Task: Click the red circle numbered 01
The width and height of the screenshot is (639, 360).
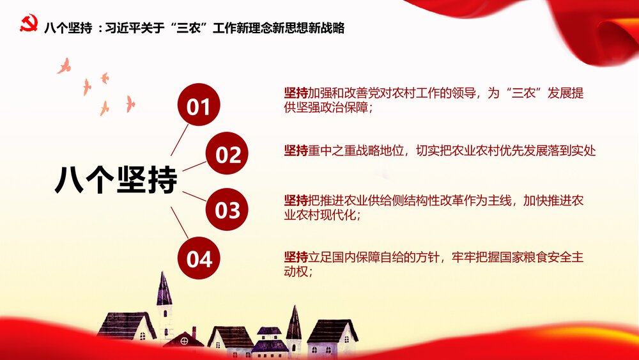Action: click(x=198, y=106)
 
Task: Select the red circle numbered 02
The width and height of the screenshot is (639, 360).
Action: click(x=228, y=154)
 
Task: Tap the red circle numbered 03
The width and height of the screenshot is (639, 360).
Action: click(x=227, y=209)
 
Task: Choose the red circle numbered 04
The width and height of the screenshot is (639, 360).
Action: click(x=199, y=259)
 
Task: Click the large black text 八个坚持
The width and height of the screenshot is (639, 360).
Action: click(x=116, y=180)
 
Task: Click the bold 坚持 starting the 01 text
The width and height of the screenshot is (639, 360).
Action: click(x=296, y=93)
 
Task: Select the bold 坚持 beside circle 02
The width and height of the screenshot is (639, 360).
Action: click(x=296, y=151)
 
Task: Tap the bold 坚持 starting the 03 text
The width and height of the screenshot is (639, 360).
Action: click(x=296, y=201)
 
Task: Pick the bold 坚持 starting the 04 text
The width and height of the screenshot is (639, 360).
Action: click(x=296, y=257)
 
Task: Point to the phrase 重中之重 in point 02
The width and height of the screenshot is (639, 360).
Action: click(x=332, y=151)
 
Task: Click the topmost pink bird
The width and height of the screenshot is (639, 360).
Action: click(x=64, y=65)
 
